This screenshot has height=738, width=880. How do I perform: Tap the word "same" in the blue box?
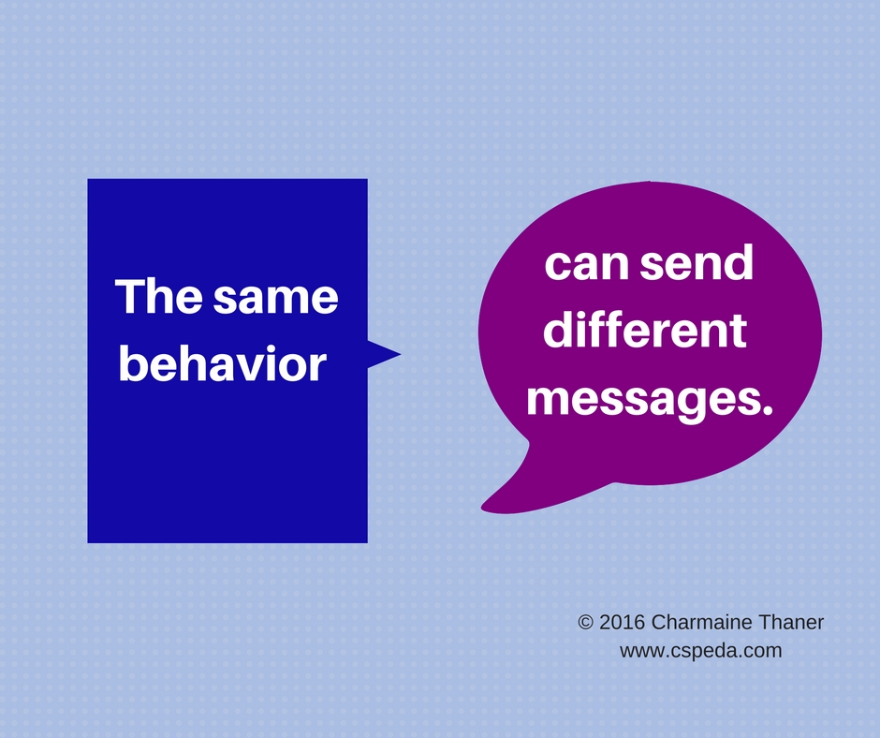point(276,299)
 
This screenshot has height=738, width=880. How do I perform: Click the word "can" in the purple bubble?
point(586,264)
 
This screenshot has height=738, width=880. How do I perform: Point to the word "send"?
point(697,261)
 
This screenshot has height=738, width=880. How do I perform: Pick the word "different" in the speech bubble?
point(645,329)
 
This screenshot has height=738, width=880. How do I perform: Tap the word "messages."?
point(650,400)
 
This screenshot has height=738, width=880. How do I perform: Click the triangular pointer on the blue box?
point(384,354)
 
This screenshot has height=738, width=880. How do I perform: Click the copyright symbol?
point(585,622)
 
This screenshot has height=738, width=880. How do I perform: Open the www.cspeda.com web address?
point(701,650)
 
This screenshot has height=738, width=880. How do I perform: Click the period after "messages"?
point(769,410)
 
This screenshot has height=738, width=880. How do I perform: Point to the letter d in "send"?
point(739,261)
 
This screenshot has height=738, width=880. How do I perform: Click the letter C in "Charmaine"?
point(659,622)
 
